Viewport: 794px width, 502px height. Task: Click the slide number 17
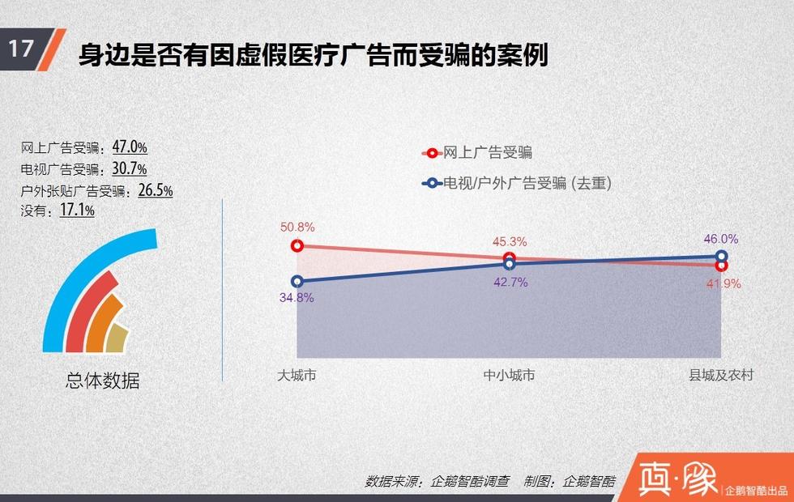coord(21,49)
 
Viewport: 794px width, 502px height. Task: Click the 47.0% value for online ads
coord(130,147)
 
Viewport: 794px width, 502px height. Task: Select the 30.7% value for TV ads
coord(129,168)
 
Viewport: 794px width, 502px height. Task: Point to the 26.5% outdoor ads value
coord(156,189)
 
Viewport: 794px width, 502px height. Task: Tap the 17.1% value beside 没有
coord(77,210)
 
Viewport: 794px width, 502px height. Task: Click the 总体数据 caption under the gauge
coord(103,381)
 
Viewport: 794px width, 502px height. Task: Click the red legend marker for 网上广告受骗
coord(431,153)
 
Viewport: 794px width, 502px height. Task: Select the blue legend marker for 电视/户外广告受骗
coord(431,183)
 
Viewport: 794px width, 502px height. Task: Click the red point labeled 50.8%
coord(297,246)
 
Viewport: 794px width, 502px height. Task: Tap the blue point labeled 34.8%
coord(297,282)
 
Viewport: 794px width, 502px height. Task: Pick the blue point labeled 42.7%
coord(510,264)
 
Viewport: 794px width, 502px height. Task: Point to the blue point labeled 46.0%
coord(722,256)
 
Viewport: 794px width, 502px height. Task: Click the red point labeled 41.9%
coord(722,266)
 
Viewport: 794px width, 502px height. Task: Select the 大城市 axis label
coord(297,375)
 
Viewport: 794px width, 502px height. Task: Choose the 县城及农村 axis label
coord(721,375)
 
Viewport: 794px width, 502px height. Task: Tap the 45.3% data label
coord(510,242)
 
